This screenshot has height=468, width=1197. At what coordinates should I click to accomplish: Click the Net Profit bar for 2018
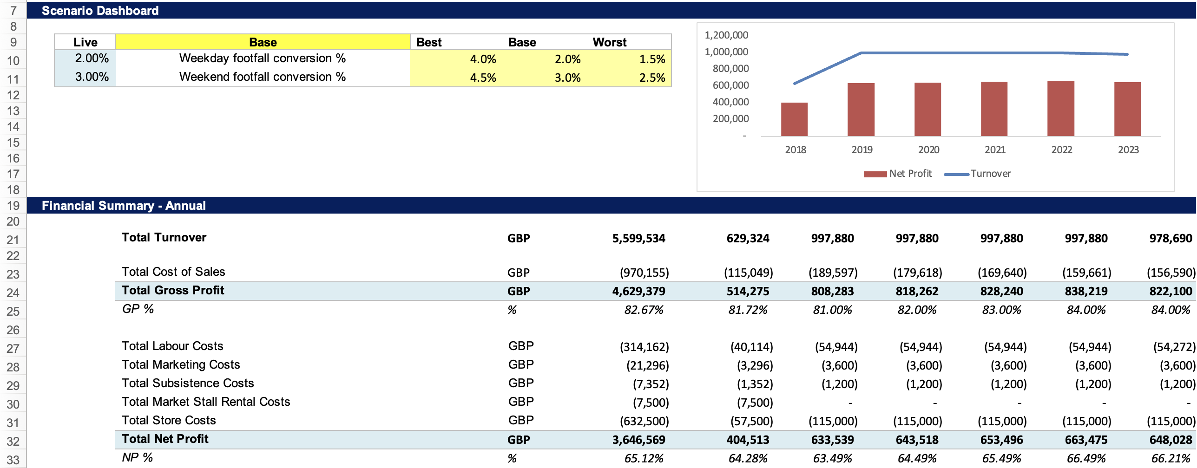794,119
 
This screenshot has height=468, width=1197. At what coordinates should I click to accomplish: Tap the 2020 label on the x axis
928,149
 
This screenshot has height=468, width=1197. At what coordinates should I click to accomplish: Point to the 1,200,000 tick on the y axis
726,35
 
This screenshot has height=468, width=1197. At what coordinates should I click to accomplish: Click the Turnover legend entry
990,174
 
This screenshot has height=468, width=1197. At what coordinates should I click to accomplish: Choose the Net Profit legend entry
910,174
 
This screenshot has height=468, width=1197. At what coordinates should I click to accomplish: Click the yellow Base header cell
263,42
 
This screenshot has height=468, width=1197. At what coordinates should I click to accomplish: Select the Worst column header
609,42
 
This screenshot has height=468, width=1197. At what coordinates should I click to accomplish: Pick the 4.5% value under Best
483,78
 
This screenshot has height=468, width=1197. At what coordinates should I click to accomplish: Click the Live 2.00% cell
92,58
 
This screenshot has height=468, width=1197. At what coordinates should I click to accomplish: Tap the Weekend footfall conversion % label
263,77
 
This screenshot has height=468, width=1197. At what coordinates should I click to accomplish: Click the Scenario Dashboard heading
100,11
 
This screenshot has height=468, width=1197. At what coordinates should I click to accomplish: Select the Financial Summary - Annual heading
124,206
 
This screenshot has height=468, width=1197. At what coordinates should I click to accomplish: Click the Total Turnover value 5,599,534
638,239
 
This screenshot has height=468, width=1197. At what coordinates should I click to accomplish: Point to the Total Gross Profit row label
173,291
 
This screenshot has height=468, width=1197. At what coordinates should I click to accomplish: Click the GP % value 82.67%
644,310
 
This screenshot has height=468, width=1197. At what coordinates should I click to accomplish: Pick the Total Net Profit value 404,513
748,440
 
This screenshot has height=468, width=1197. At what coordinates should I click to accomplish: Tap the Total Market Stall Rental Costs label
206,402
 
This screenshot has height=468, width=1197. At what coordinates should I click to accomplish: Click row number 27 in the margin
13,348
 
